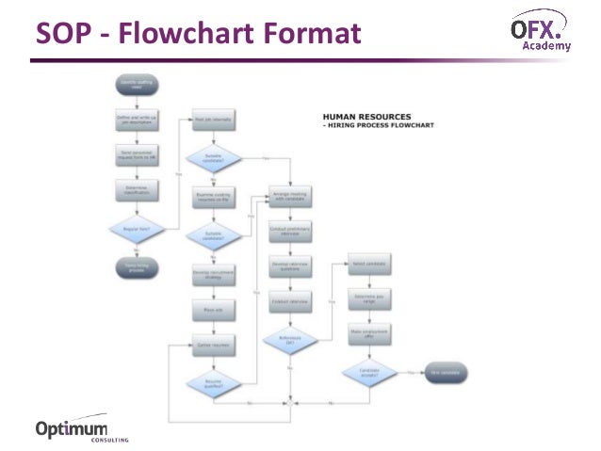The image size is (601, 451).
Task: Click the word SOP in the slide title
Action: pyautogui.click(x=64, y=34)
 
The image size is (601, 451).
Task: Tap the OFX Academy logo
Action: pyautogui.click(x=540, y=30)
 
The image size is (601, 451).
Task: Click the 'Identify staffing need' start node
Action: pyautogui.click(x=136, y=86)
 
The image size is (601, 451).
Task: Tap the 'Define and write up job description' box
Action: pyautogui.click(x=136, y=121)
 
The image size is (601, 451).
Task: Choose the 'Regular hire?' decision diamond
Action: pyautogui.click(x=136, y=229)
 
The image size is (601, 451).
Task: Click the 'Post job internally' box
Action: pyautogui.click(x=213, y=121)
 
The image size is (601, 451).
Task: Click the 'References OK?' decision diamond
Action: pyautogui.click(x=291, y=339)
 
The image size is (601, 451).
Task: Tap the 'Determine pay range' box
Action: pyautogui.click(x=369, y=299)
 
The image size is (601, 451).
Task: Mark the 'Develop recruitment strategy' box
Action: pyautogui.click(x=213, y=274)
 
